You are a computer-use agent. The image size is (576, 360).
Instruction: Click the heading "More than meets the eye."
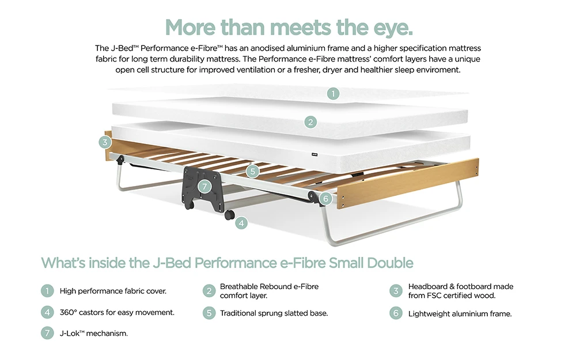coord(289,26)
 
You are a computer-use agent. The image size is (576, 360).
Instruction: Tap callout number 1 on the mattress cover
coord(333,93)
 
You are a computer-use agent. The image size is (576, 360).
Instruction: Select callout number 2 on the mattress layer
coord(310,122)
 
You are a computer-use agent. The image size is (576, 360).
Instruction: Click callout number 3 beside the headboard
coord(104,142)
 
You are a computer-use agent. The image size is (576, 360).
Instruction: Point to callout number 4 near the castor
coord(241,222)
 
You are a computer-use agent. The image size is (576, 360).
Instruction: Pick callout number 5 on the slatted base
coord(252,170)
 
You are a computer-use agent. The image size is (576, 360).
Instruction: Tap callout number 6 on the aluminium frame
coord(325,198)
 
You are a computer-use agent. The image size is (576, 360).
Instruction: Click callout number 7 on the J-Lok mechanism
coord(203,186)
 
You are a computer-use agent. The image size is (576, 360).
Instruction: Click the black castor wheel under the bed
coord(229,214)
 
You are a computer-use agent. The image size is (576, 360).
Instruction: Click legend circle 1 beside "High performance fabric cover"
coord(47,291)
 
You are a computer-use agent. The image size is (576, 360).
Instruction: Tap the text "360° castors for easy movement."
coord(117,313)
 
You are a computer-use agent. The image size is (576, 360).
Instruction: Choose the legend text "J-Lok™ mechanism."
coord(94,333)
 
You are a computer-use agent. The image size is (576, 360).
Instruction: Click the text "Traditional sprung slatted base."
coord(274,313)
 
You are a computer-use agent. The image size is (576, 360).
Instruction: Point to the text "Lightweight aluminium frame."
coord(460,314)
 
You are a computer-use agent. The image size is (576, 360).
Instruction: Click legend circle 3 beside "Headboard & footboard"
coord(395,291)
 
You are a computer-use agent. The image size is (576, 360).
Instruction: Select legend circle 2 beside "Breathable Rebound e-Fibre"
coord(208,291)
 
